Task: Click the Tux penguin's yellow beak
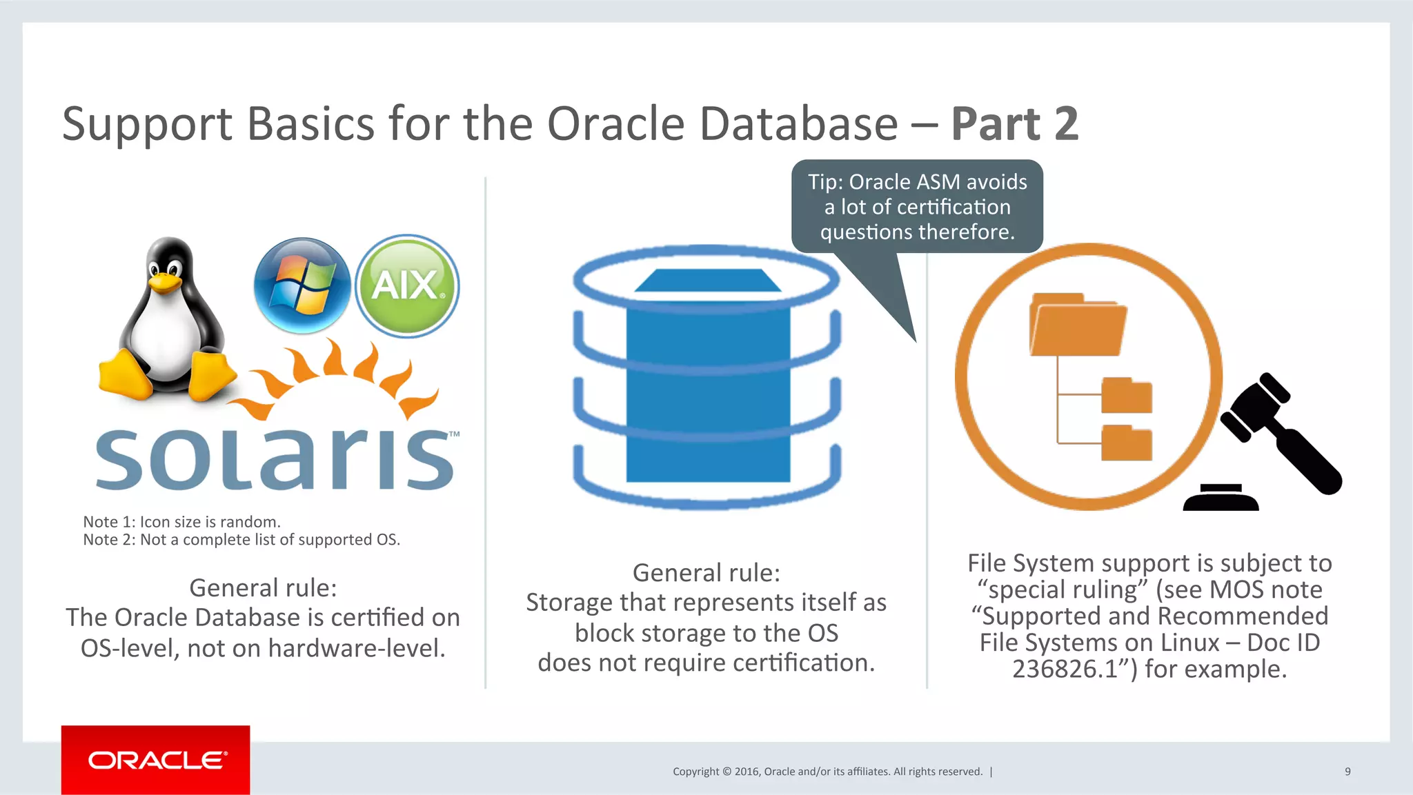pos(166,282)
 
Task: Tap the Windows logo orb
pos(302,285)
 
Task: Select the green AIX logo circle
pos(407,285)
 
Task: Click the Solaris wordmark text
pos(275,459)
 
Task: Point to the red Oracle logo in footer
pos(156,760)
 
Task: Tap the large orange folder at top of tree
pos(1077,325)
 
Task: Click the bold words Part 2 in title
pos(1014,124)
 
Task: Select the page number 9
pos(1347,772)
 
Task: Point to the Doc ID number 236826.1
pos(1065,669)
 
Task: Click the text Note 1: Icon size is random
pos(181,522)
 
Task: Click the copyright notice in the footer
pos(827,772)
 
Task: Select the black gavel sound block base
pos(1221,499)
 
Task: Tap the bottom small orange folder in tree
pos(1127,443)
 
